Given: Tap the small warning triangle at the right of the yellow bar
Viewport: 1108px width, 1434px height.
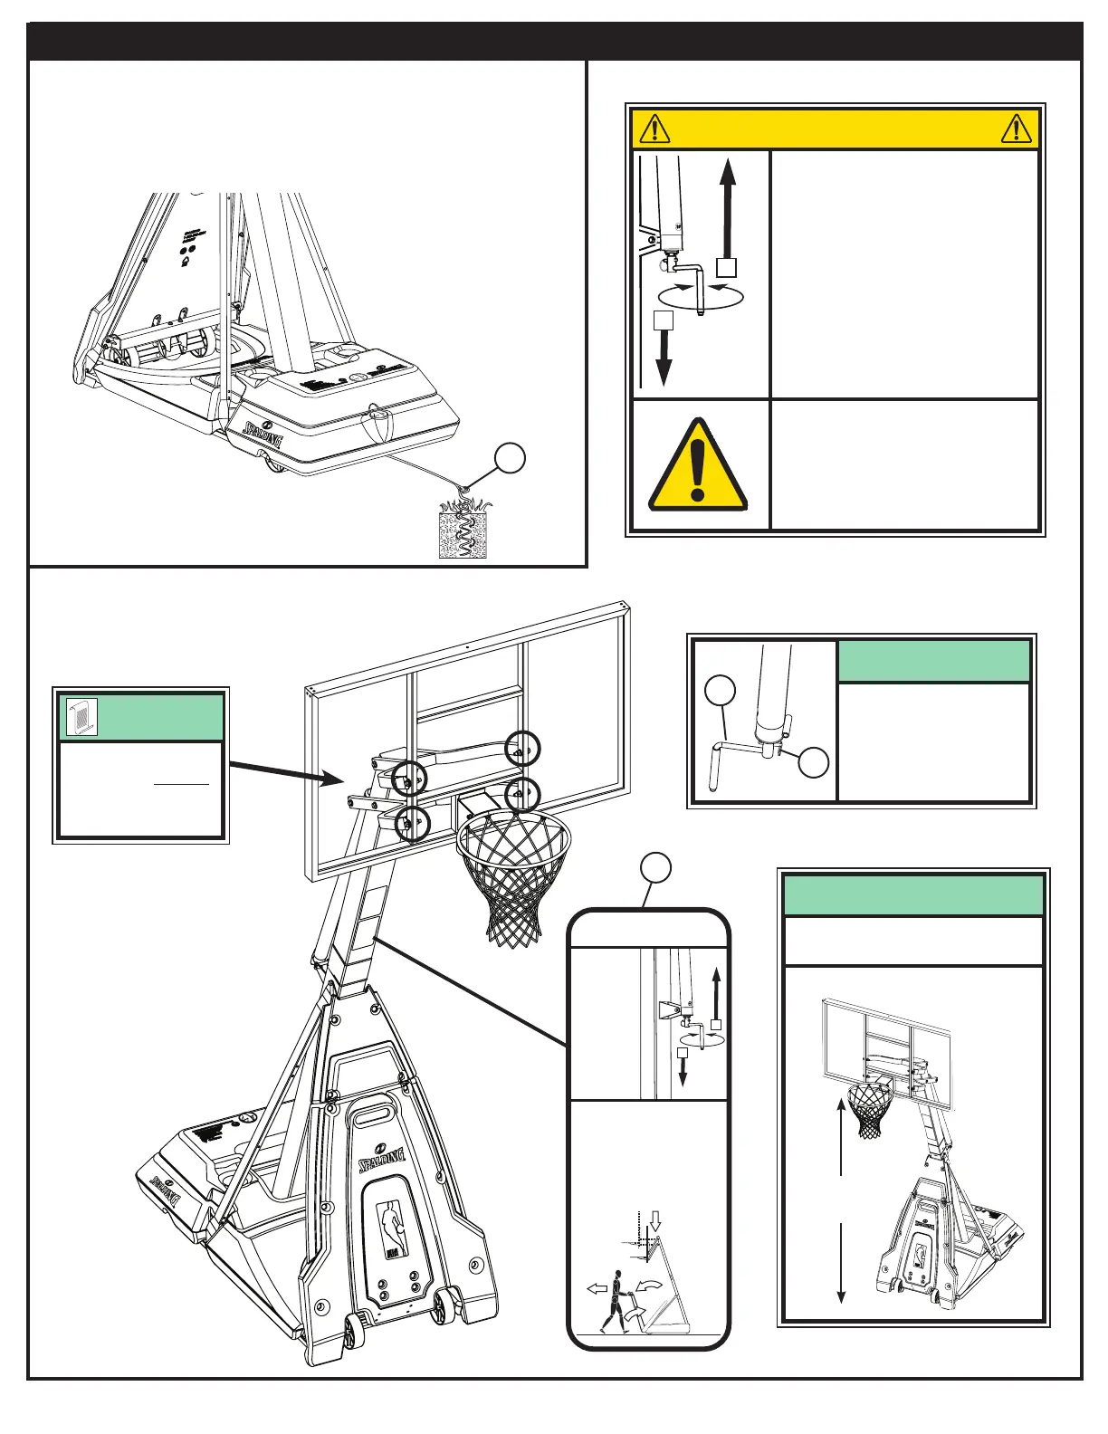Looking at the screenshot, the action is pyautogui.click(x=1017, y=129).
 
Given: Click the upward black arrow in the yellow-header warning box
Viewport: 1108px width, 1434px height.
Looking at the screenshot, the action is pyautogui.click(x=728, y=207).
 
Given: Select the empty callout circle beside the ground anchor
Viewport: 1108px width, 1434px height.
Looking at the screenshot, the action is pyautogui.click(x=511, y=458).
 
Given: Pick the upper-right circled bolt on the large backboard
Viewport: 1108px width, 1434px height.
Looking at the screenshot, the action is pyautogui.click(x=522, y=748).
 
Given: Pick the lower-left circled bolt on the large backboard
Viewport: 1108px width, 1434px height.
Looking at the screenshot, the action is pyautogui.click(x=412, y=823).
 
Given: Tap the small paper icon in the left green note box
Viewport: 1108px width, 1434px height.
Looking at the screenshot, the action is pyautogui.click(x=82, y=716).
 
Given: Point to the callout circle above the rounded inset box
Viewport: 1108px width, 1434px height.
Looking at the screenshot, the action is pyautogui.click(x=656, y=868).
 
